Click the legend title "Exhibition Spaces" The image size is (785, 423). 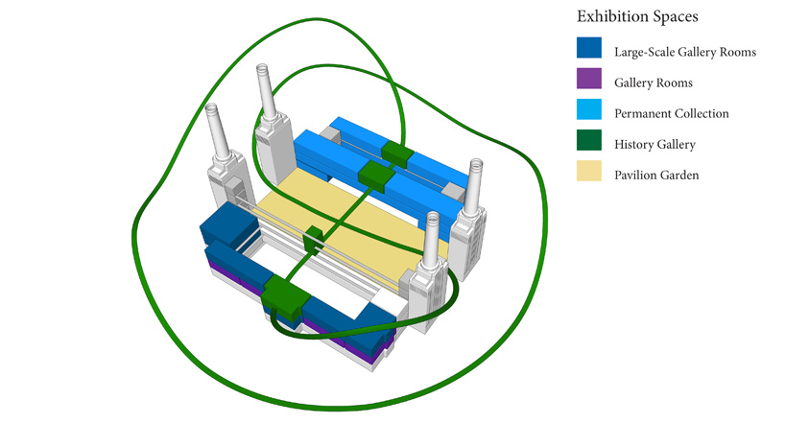click(x=637, y=16)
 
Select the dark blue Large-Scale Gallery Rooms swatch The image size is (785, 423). click(x=589, y=48)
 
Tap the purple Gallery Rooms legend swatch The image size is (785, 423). click(x=589, y=79)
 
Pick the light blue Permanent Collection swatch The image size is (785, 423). click(x=589, y=109)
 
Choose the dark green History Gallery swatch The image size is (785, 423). click(x=589, y=140)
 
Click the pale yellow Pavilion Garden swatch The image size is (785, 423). click(x=589, y=171)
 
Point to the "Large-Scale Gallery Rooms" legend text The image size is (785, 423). click(x=685, y=52)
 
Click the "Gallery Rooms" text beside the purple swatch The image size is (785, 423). click(x=654, y=83)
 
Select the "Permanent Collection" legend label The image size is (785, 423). click(x=672, y=113)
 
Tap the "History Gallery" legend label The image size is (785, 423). click(x=654, y=145)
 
